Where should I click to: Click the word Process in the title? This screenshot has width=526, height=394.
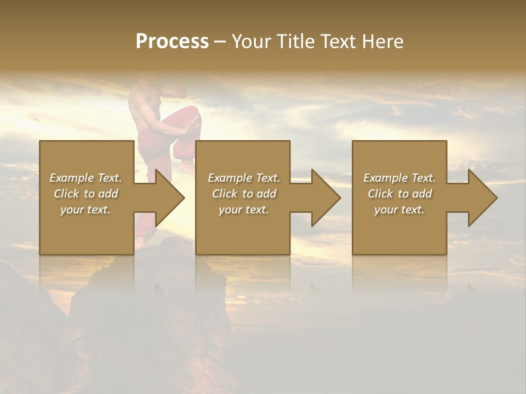coord(172,42)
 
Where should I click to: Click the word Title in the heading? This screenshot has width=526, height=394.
coord(294,42)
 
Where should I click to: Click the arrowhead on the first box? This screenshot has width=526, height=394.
coord(169,198)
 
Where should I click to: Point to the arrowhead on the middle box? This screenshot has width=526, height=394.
coord(325,198)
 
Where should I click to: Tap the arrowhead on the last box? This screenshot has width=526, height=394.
coord(482,198)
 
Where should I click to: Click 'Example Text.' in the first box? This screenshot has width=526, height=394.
coord(85,178)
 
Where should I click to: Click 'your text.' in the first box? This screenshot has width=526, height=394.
coord(85,210)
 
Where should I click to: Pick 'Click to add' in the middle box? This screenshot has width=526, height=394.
coord(244,194)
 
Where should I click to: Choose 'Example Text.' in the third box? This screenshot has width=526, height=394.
coord(399,178)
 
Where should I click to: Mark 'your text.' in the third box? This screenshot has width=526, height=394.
coord(399,210)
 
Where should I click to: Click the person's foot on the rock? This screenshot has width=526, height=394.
coord(141,241)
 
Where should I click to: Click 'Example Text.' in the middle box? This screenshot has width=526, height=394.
coord(244,178)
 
